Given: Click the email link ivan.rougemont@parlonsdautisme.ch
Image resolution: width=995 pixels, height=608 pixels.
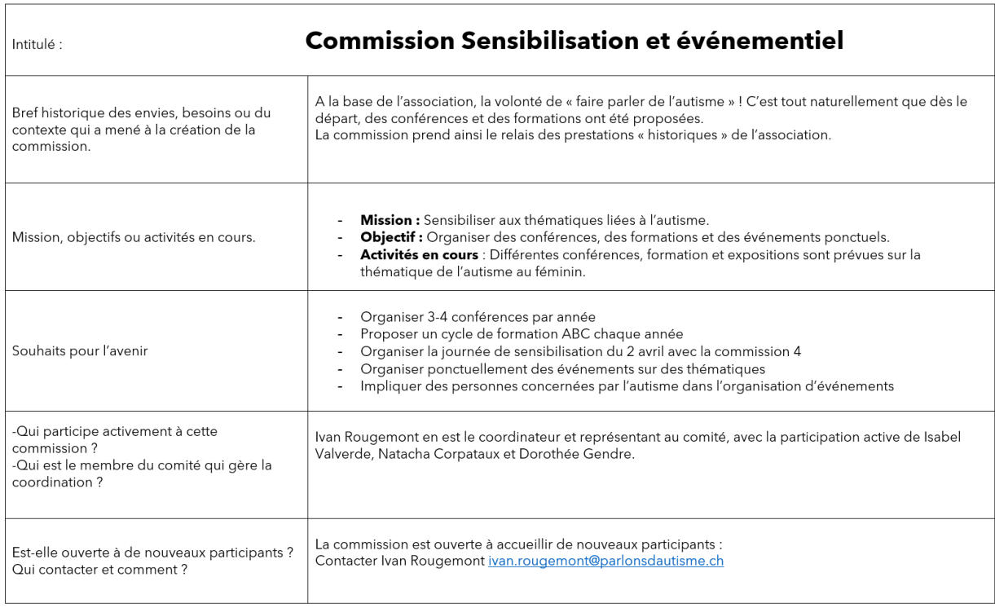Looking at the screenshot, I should click(605, 562).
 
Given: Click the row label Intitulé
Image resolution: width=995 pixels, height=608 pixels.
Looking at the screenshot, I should click(37, 46).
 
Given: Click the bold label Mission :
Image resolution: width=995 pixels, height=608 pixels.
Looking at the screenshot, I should click(390, 220).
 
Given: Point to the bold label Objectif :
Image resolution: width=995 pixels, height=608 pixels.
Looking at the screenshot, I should click(391, 237).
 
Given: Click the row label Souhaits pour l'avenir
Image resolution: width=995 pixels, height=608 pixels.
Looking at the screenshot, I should click(81, 351).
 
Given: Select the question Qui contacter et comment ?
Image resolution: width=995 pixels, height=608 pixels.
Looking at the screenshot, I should click(100, 570).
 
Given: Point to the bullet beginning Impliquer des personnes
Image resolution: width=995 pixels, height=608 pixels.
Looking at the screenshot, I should click(627, 386).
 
